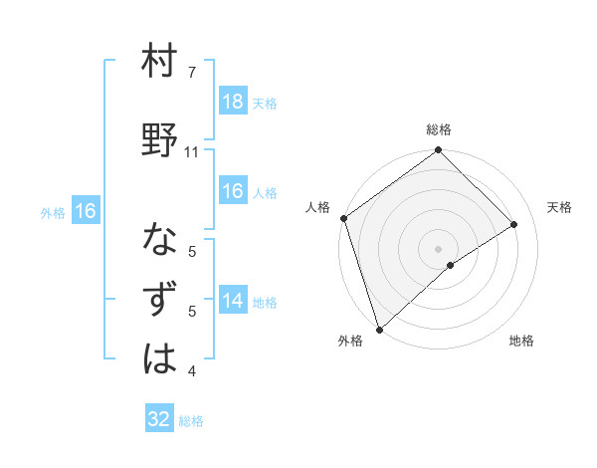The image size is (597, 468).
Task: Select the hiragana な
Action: point(160,241)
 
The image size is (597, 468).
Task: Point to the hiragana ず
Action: point(160,300)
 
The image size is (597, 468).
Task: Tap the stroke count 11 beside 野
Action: point(192,152)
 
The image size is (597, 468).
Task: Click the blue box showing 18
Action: point(232,102)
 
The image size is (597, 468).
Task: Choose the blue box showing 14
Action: point(232,302)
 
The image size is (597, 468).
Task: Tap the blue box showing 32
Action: point(159,419)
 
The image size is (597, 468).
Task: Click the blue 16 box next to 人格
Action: point(232,191)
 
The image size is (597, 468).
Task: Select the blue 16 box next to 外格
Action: point(86,211)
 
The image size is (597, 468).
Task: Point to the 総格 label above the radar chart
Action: point(439,129)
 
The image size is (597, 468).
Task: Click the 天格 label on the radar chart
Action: point(560,207)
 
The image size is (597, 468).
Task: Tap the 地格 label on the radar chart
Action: point(521,341)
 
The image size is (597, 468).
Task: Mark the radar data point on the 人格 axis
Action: point(343,218)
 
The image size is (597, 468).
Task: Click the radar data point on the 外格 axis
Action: point(379,328)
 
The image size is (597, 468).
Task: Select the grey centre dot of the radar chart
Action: point(438,248)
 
